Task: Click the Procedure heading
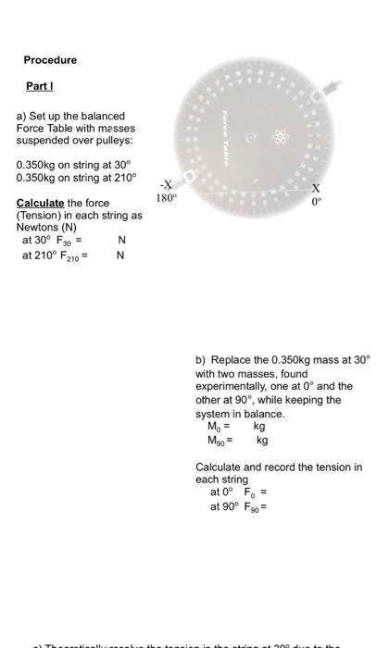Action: pos(51,60)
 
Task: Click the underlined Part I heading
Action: pos(38,89)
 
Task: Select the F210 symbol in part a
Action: pos(69,255)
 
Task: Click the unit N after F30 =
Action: pos(120,241)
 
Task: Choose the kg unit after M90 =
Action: pos(262,440)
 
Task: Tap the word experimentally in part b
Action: pos(236,387)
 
